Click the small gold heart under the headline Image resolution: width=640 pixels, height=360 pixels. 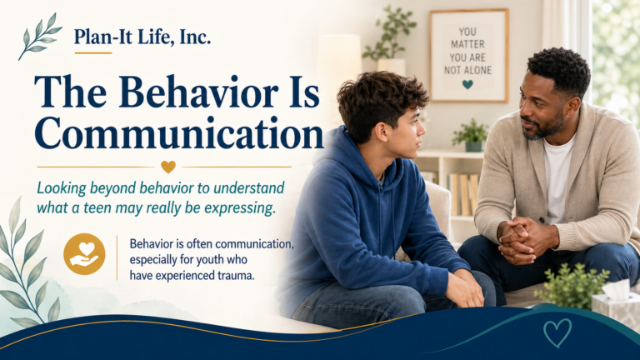[x=168, y=167]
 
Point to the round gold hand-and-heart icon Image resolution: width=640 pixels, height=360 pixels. [x=84, y=254]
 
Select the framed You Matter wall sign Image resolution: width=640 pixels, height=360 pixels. [x=468, y=55]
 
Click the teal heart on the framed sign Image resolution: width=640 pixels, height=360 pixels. [x=467, y=84]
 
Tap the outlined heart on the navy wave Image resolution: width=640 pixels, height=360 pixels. [x=557, y=332]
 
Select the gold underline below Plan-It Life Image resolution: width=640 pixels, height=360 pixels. [x=92, y=53]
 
